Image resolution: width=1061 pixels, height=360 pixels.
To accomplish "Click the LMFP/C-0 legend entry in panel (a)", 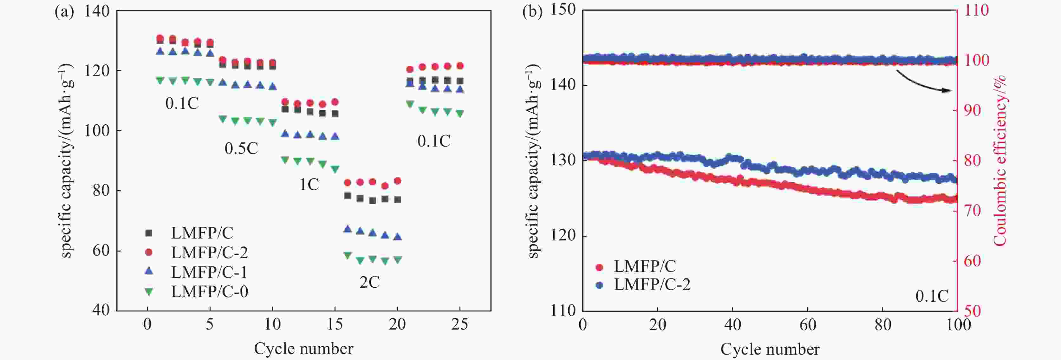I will pyautogui.click(x=209, y=291).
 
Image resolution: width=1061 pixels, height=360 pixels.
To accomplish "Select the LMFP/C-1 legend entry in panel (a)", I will pyautogui.click(x=209, y=272).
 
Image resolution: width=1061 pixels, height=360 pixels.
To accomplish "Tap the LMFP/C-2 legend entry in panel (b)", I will pyautogui.click(x=652, y=284).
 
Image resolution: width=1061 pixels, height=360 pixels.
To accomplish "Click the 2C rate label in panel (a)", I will pyautogui.click(x=369, y=282).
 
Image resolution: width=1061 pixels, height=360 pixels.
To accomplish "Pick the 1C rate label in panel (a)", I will pyautogui.click(x=309, y=185).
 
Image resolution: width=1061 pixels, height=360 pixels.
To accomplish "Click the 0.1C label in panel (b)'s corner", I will pyautogui.click(x=932, y=296).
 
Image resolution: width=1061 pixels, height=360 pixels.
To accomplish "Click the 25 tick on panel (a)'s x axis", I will pyautogui.click(x=460, y=324).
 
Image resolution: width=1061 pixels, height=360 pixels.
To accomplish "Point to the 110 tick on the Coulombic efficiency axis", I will pyautogui.click(x=976, y=10).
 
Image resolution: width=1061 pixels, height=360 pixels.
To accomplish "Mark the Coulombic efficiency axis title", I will pyautogui.click(x=1000, y=160).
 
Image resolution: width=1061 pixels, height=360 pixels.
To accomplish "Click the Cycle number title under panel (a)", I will pyautogui.click(x=303, y=349).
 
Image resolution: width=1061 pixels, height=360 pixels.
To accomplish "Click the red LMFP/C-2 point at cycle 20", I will pyautogui.click(x=397, y=181).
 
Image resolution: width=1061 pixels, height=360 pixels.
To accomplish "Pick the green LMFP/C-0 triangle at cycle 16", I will pyautogui.click(x=347, y=255).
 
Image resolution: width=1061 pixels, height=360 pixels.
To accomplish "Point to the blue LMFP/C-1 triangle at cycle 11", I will pyautogui.click(x=285, y=133).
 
